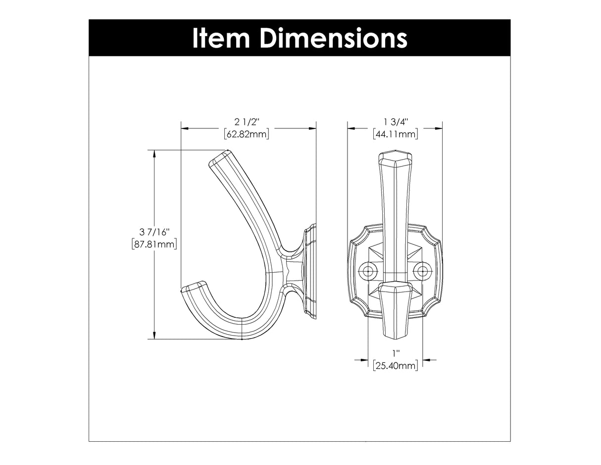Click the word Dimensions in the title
[333, 38]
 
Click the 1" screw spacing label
[395, 354]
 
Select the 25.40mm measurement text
[395, 366]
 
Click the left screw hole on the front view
[368, 271]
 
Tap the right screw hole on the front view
[422, 271]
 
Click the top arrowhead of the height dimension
[155, 154]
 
